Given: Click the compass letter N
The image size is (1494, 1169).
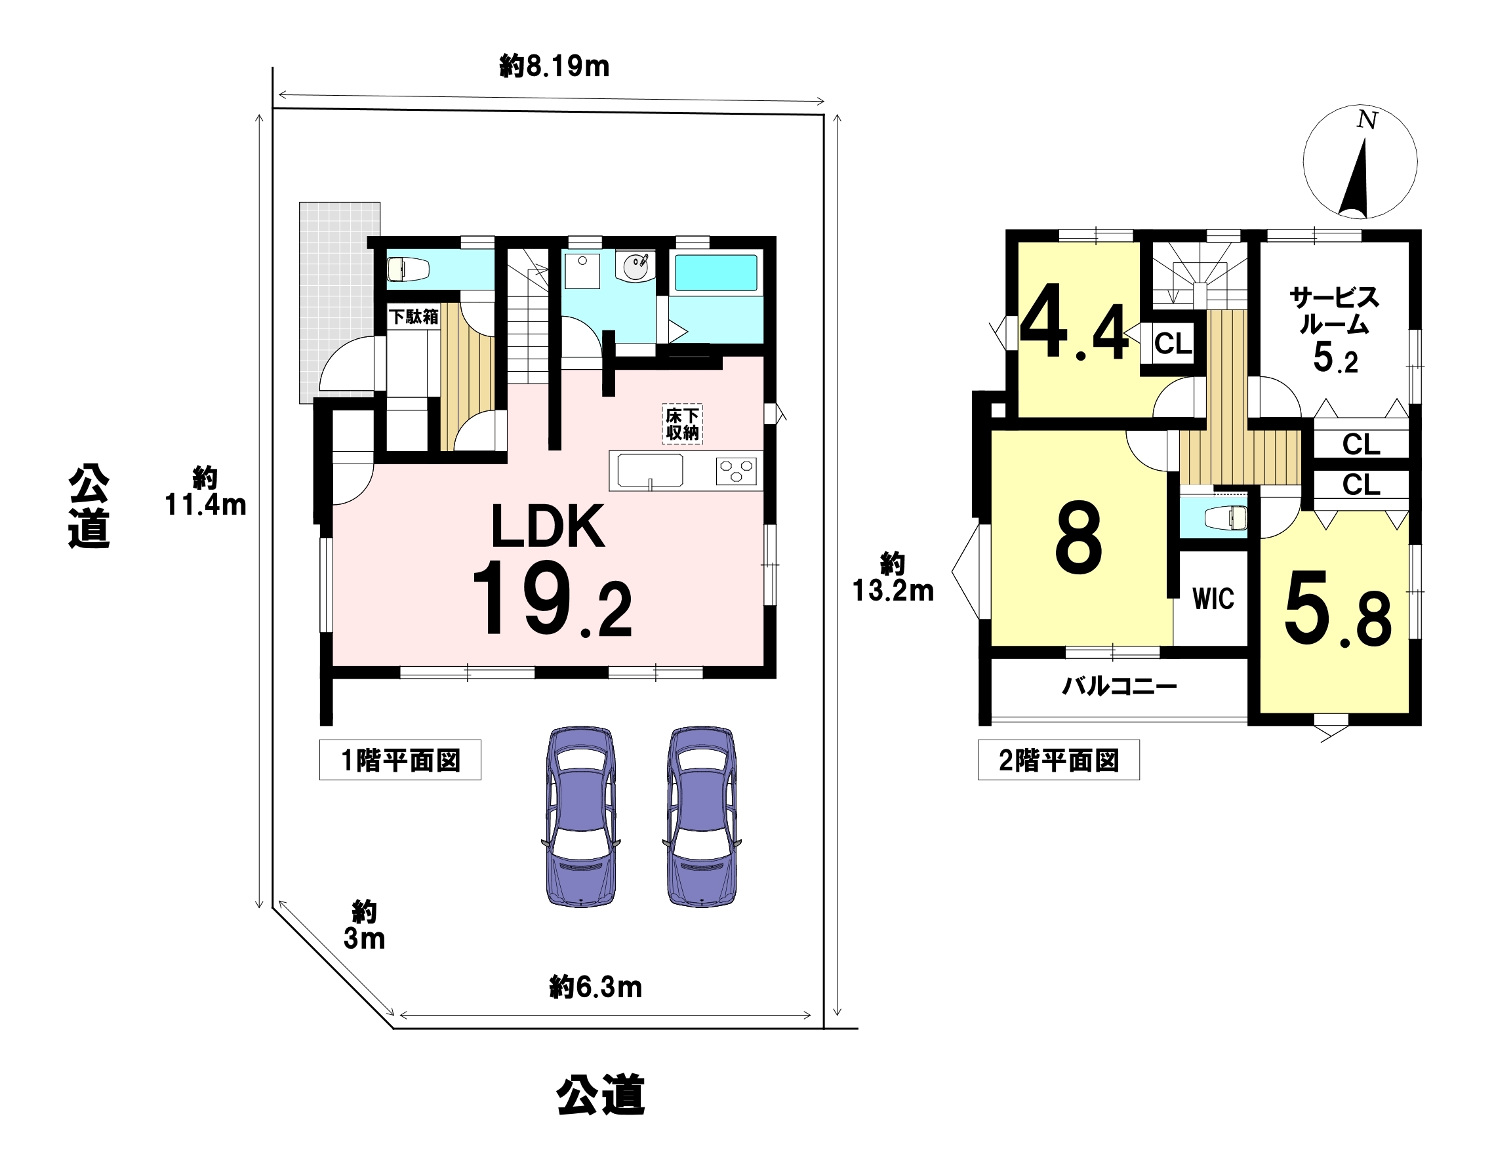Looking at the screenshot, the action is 1367,120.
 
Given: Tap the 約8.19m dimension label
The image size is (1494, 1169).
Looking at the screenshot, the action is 554,66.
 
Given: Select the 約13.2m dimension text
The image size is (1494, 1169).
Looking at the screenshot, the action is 893,578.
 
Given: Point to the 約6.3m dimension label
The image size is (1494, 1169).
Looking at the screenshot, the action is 596,987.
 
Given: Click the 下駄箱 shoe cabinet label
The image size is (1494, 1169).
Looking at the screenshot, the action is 414,316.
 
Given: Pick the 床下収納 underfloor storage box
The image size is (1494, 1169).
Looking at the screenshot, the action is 682,424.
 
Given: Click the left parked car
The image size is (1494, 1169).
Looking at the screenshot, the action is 580,816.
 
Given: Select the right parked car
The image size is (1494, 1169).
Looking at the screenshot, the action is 702,816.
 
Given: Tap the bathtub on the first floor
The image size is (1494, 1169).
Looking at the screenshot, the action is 716,272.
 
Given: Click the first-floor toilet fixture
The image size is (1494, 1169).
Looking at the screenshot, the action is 409,269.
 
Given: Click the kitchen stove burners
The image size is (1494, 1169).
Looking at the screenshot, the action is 736,471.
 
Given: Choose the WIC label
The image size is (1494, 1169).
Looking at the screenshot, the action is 1213,599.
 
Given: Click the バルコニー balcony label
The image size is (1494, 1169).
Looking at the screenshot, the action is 1120,686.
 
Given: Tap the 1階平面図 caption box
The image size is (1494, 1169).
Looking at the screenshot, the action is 400,760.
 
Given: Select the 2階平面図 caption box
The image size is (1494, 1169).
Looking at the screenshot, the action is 1059,760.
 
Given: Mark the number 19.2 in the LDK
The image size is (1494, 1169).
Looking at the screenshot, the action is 552,599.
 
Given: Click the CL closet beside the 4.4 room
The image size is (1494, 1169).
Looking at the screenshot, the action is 1173,344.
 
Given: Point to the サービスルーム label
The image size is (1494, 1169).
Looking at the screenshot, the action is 1335,311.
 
